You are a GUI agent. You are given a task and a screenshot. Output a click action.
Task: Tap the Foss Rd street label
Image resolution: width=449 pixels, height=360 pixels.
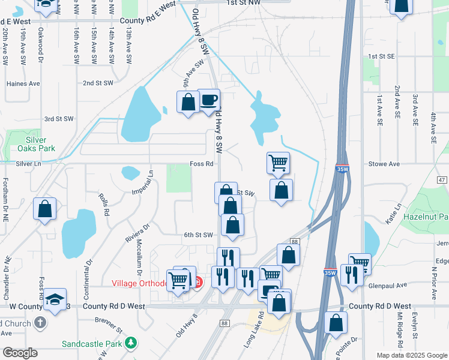point(202,164)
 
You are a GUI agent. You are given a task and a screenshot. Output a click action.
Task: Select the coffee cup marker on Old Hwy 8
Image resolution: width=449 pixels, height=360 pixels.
point(209,100)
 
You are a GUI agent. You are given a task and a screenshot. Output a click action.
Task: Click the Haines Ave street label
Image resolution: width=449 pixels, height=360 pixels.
point(23,84)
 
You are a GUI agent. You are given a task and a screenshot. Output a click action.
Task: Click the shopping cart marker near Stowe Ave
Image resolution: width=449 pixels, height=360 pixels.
point(278,162)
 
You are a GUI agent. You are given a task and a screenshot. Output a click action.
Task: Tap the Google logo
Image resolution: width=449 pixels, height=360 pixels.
point(20,353)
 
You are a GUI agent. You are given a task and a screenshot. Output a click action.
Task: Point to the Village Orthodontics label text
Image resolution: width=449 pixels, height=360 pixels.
point(137,283)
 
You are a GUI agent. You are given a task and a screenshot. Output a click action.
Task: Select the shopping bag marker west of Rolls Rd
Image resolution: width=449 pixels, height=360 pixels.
point(44,209)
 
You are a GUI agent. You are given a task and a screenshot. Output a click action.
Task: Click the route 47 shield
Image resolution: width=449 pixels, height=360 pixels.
point(442,180)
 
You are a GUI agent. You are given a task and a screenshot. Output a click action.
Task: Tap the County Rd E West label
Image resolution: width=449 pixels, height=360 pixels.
point(148,20)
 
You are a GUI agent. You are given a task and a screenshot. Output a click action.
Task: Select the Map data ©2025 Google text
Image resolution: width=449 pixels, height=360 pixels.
point(411,355)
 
